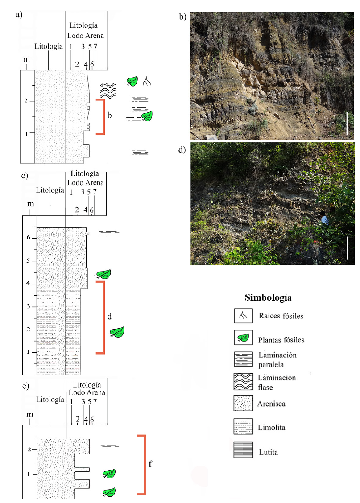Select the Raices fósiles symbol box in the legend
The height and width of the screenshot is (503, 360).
[x=244, y=316]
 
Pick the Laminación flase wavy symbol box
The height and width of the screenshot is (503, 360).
[x=244, y=381]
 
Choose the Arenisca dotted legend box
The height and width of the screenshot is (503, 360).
[x=244, y=404]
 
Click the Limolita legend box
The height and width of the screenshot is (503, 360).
[x=244, y=427]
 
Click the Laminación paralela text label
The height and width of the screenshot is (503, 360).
[x=277, y=359]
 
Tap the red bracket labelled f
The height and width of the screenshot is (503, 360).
[x=144, y=464]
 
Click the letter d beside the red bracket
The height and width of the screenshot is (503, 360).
[x=109, y=317]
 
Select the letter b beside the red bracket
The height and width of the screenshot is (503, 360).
[x=109, y=116]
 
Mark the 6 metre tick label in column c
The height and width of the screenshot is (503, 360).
[x=28, y=237]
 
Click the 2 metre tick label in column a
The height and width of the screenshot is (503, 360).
[x=26, y=101]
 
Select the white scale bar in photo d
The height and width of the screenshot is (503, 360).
[x=347, y=248]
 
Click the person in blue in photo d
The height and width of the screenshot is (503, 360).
[x=325, y=219]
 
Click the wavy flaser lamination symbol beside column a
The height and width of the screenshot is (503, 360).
[x=108, y=90]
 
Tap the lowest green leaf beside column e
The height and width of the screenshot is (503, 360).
[x=109, y=492]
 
